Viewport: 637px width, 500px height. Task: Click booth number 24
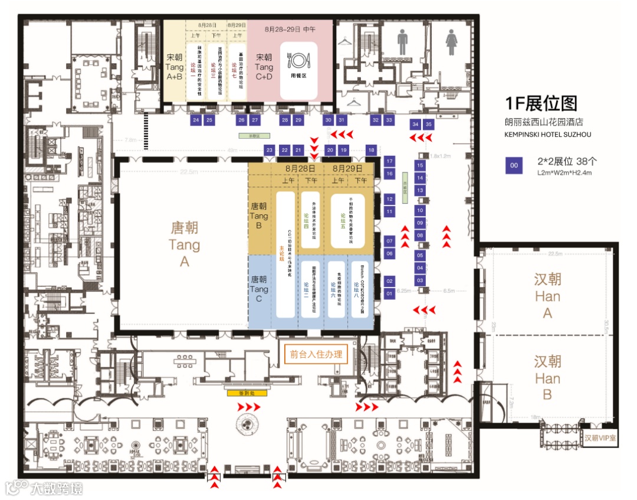pyautogui.click(x=196, y=120)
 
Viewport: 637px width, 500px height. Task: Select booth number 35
pyautogui.click(x=429, y=125)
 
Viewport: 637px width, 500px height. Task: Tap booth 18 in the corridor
pyautogui.click(x=371, y=150)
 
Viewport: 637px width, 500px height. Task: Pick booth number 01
pyautogui.click(x=389, y=293)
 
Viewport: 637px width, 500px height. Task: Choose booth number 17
pyautogui.click(x=389, y=161)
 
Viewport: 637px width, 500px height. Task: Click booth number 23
pyautogui.click(x=270, y=150)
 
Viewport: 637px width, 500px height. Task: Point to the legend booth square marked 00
pyautogui.click(x=514, y=166)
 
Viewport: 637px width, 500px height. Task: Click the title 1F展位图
pyautogui.click(x=540, y=104)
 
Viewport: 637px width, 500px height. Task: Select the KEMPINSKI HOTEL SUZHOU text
pyautogui.click(x=548, y=135)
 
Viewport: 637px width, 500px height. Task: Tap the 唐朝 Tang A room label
pyautogui.click(x=185, y=244)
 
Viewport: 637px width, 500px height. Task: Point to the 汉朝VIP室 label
pyautogui.click(x=600, y=439)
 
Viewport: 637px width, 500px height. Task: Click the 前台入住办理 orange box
pyautogui.click(x=316, y=355)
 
